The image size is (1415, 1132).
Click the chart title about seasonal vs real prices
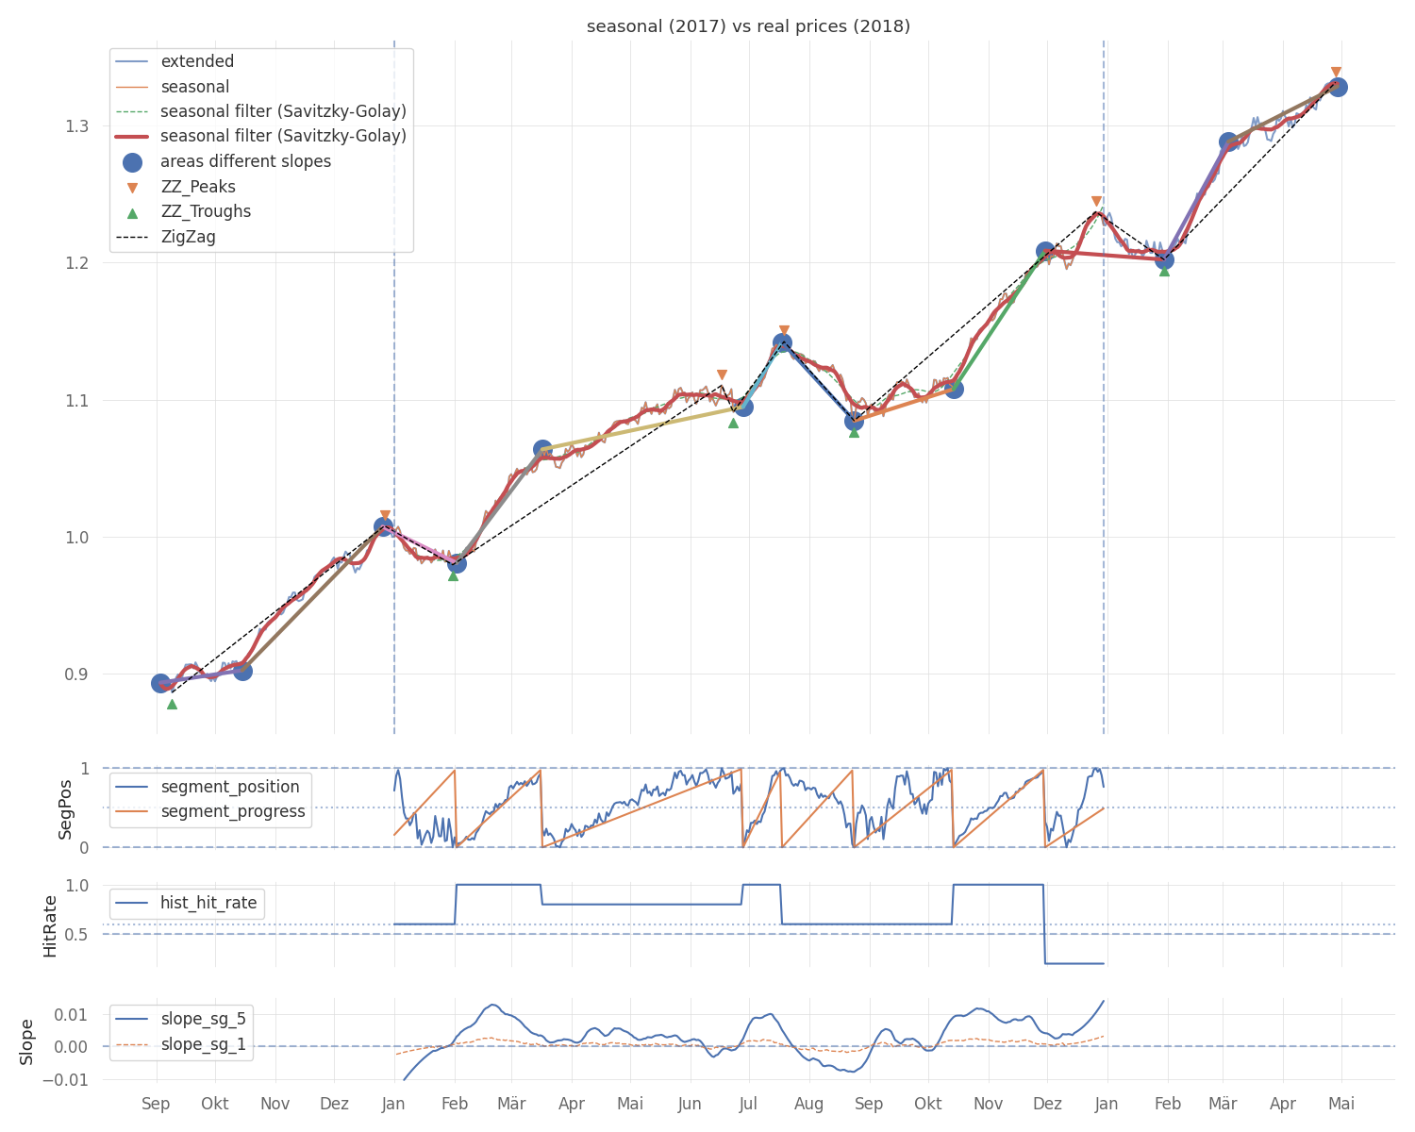point(748,26)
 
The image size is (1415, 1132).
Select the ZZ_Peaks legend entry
point(198,187)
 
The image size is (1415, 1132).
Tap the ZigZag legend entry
point(188,237)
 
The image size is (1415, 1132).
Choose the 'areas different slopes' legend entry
point(245,161)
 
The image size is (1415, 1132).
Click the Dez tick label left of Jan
point(334,1104)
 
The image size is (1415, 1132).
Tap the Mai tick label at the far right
point(1341,1104)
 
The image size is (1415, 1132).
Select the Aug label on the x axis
point(808,1104)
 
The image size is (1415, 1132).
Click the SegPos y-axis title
point(65,808)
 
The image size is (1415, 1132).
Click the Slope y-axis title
point(26,1041)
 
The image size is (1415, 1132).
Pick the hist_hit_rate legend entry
point(208,903)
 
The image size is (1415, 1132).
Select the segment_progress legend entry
point(233,811)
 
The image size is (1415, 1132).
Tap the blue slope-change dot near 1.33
point(1337,87)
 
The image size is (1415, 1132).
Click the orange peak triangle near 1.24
point(1096,202)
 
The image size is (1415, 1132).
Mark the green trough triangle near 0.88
point(172,704)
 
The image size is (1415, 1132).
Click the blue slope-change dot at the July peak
point(782,342)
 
